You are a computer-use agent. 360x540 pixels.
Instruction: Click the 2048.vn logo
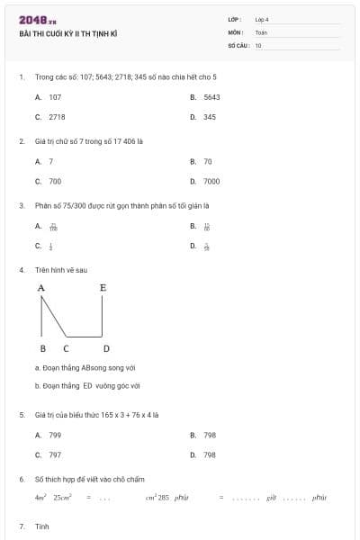tap(38, 20)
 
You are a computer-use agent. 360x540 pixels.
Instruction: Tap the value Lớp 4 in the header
tap(262, 19)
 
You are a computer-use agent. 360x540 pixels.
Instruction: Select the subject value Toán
tap(261, 32)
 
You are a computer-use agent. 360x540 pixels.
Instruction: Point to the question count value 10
tap(258, 45)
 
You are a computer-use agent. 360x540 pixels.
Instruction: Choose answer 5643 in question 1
tap(211, 96)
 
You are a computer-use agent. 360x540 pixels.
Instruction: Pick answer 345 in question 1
tap(209, 117)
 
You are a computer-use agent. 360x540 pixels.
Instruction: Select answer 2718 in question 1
tap(57, 117)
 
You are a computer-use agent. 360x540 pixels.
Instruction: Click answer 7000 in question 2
tap(211, 181)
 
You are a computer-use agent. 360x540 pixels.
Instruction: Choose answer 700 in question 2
tap(55, 181)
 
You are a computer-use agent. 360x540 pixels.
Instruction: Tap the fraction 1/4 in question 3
tap(51, 246)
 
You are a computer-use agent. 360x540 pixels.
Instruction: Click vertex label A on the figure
tap(41, 289)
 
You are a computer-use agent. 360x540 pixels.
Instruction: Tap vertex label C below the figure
tap(66, 348)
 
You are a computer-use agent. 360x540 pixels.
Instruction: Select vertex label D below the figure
tap(106, 348)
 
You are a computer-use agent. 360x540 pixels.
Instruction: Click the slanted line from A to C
tap(53, 317)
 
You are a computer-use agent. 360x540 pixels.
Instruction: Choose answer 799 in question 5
tap(55, 435)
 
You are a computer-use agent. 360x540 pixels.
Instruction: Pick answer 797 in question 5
tap(55, 455)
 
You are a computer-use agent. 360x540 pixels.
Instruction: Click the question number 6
tap(22, 480)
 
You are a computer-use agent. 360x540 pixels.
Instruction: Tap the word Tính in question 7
tap(41, 526)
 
